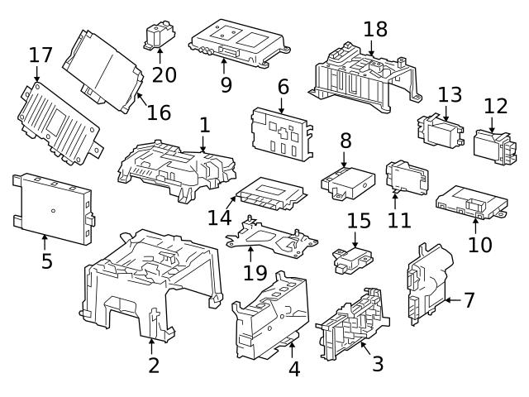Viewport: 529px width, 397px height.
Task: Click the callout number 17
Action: [x=41, y=56]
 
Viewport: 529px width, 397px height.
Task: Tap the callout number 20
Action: [x=164, y=74]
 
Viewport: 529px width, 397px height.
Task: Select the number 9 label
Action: [x=226, y=84]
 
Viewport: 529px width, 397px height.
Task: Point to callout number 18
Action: [x=375, y=30]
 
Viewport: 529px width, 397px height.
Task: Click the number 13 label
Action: [x=450, y=94]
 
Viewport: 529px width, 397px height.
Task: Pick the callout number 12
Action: [x=495, y=107]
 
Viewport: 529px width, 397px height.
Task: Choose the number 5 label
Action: [x=47, y=261]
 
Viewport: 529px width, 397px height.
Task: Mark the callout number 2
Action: [x=154, y=364]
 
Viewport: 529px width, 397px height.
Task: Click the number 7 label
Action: [x=469, y=299]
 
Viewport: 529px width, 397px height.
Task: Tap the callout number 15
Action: [x=359, y=222]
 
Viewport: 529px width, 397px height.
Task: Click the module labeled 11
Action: [x=407, y=175]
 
